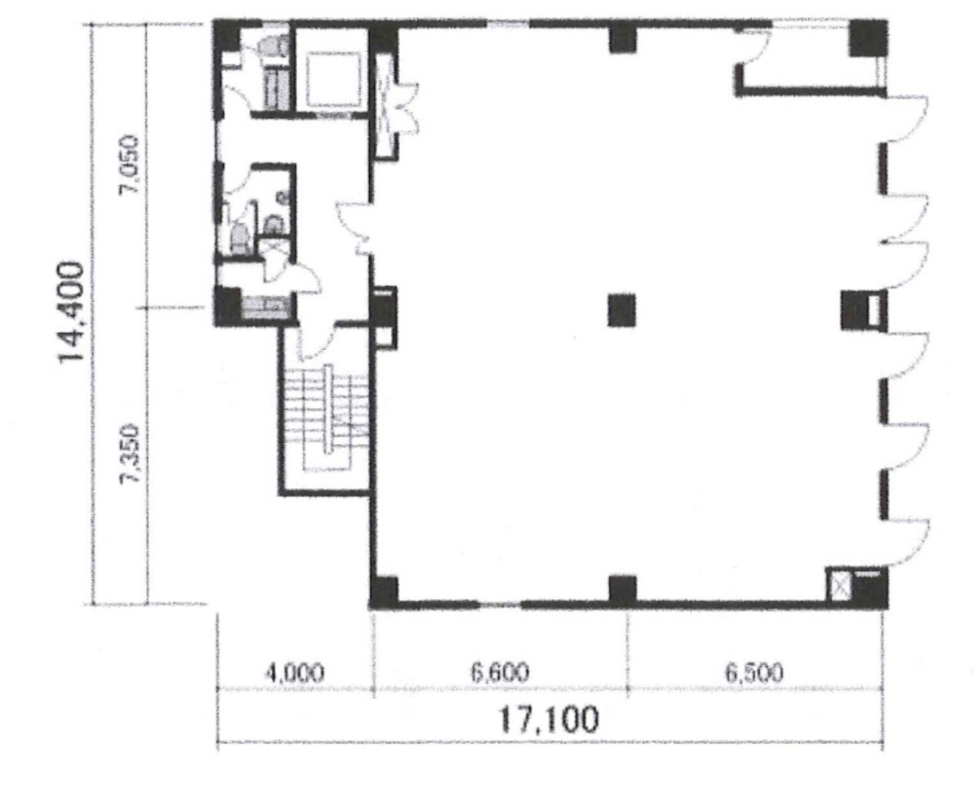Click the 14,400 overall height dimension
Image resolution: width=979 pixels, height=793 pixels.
pos(70,312)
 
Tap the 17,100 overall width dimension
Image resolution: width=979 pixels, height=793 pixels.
pos(549,720)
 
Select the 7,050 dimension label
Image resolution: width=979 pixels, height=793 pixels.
pos(131,163)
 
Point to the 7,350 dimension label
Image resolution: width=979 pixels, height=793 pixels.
pos(131,454)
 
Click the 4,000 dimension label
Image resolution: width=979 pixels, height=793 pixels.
pos(295,673)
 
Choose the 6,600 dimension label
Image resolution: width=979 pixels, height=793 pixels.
pos(500,672)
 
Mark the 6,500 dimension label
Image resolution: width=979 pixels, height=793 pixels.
pos(754,672)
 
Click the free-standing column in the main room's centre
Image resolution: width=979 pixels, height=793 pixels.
pos(622,310)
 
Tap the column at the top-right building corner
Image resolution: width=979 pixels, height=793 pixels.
pos(868,38)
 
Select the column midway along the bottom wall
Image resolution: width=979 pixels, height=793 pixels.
pos(622,590)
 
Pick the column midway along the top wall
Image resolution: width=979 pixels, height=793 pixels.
pos(622,38)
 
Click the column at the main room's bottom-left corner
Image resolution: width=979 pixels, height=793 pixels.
pos(384,592)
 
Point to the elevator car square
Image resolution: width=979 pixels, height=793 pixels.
pos(334,80)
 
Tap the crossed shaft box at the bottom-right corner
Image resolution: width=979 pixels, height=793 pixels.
pos(839,586)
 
